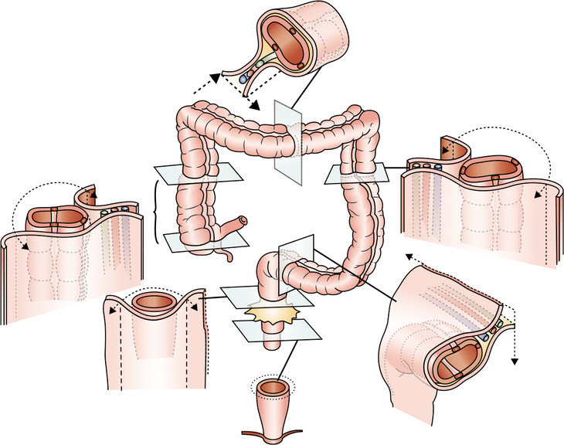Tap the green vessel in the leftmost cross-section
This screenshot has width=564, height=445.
pos(104,209)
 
